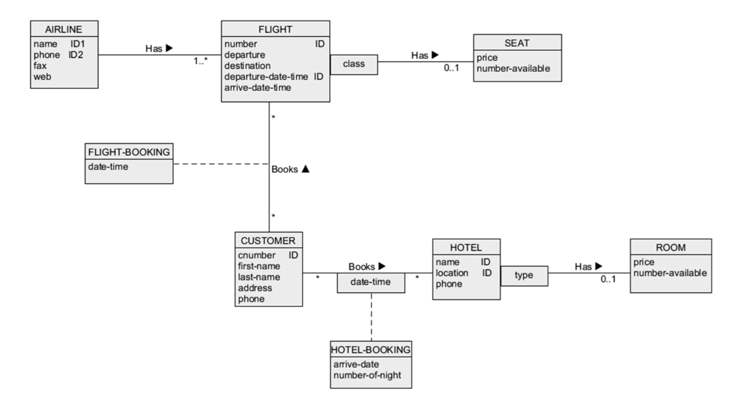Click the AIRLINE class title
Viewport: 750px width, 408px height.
point(63,29)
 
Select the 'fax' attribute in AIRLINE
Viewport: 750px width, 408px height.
point(40,65)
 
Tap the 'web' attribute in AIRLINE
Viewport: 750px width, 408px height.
point(42,76)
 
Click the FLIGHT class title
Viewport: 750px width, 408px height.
point(275,29)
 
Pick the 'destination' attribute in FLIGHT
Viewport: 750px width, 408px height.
point(247,65)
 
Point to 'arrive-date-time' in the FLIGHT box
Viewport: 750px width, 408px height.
point(257,87)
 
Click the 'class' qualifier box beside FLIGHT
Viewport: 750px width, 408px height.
point(353,64)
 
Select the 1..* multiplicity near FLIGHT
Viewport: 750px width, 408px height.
point(200,61)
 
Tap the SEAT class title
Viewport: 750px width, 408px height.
point(516,43)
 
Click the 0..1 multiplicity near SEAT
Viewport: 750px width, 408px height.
point(451,68)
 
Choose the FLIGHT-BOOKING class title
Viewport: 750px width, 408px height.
point(129,152)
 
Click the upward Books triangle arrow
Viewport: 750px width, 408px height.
point(305,169)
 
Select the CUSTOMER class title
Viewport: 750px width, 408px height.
point(268,240)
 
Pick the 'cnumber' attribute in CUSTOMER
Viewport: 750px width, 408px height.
point(256,255)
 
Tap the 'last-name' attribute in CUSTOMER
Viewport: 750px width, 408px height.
point(258,277)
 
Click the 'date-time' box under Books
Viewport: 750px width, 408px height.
point(370,282)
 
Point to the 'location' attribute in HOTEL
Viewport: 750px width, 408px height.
point(451,273)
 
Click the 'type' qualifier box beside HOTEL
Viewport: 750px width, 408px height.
point(523,275)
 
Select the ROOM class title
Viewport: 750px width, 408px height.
point(670,247)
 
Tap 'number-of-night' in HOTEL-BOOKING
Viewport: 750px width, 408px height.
point(367,375)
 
